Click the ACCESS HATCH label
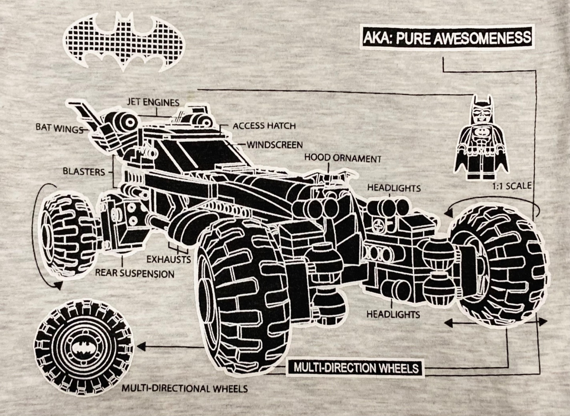264,126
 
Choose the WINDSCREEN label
275,145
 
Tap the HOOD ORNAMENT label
343,158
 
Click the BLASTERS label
84,171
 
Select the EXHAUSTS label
169,259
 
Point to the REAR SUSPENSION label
135,273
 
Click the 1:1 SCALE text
512,186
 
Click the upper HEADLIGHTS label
394,188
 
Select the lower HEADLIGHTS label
393,314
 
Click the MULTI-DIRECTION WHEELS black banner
356,367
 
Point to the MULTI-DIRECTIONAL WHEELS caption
185,388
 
